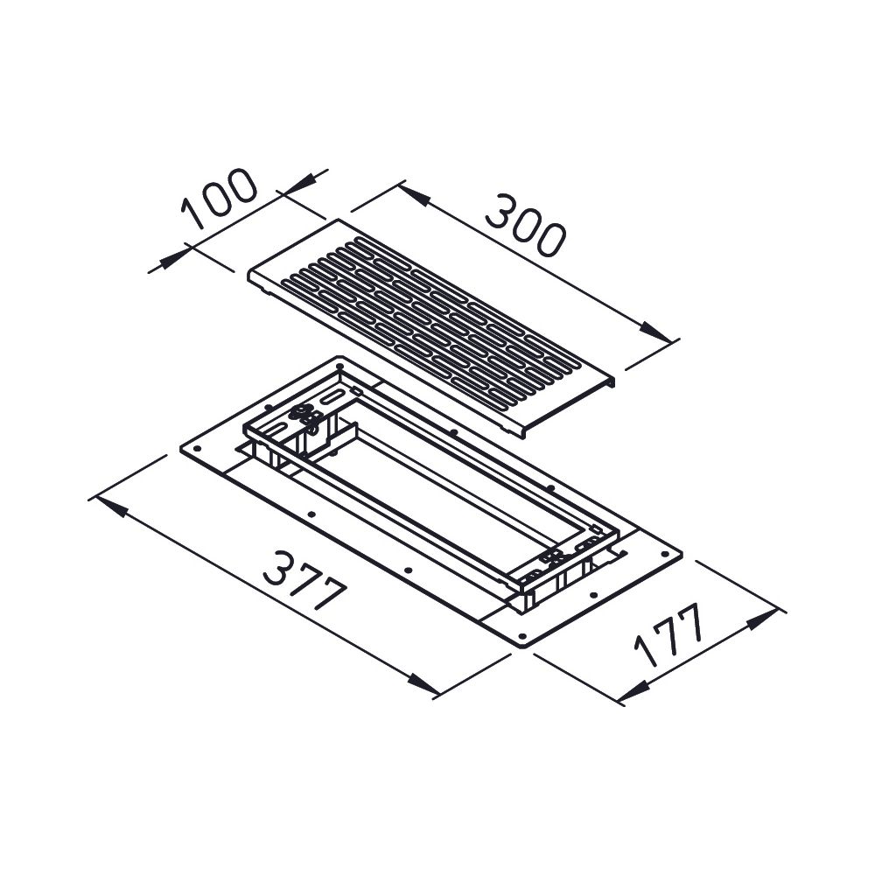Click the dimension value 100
(x=220, y=197)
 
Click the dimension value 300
(x=524, y=225)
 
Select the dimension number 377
(x=305, y=581)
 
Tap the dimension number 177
(x=668, y=634)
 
